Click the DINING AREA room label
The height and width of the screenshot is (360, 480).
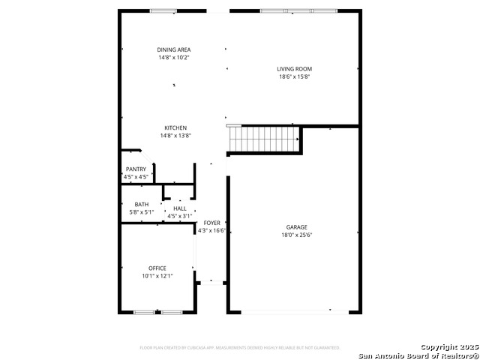coord(174,49)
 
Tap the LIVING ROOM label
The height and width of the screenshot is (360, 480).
coord(294,69)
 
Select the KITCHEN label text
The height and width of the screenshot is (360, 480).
coord(175,127)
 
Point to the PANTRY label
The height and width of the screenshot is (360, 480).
coord(136,169)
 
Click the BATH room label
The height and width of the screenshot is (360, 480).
coord(142,205)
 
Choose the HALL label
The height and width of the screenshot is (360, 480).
coord(180,208)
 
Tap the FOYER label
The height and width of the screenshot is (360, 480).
coord(212,223)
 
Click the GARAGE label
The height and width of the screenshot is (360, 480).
coord(296,227)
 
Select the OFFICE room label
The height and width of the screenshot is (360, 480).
coord(157,268)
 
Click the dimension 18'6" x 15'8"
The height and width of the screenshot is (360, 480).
coord(294,76)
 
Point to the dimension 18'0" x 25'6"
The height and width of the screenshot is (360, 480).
coord(296,235)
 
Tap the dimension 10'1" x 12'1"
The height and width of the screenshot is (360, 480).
coord(157,276)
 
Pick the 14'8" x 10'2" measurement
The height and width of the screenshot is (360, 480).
coord(174,57)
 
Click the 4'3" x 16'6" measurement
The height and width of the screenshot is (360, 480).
coord(212,231)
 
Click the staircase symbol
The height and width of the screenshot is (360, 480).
coord(264,139)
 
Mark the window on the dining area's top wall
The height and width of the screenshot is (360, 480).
coord(163,11)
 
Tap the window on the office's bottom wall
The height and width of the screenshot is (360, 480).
coord(158,312)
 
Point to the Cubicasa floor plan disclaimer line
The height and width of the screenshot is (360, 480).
coord(240,348)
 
